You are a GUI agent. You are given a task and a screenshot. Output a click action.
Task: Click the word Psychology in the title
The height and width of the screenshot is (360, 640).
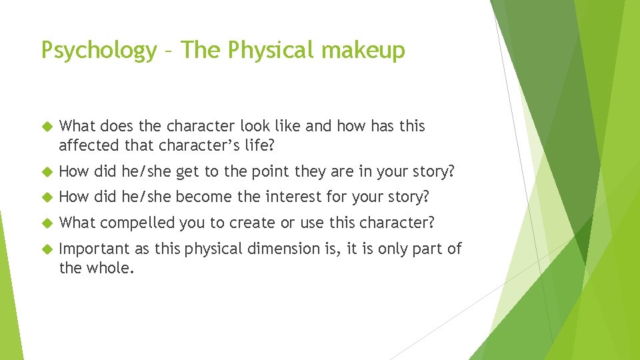(98, 51)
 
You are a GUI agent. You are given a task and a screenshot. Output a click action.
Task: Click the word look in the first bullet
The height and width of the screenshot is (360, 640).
(236, 126)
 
